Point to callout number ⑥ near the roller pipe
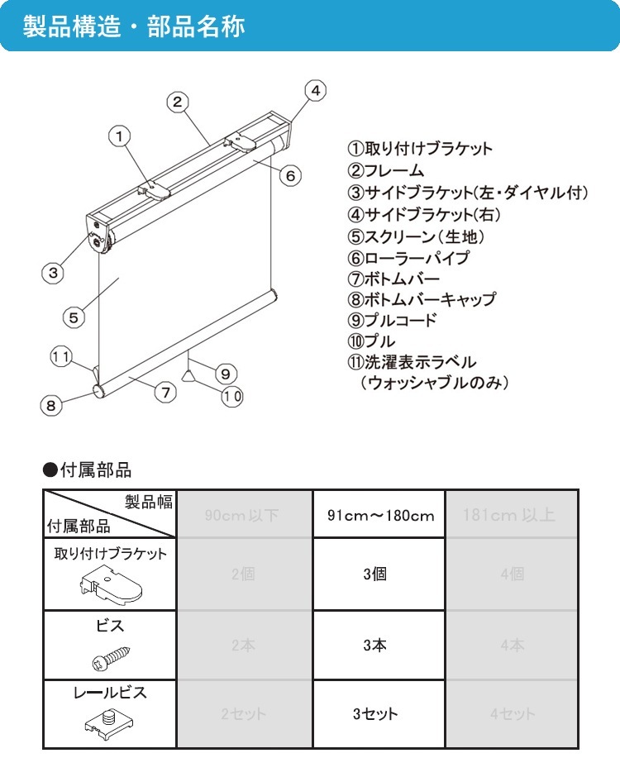(289, 175)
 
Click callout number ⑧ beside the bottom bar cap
(51, 405)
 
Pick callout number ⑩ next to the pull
(231, 395)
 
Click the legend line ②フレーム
(386, 171)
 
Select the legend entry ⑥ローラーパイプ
(408, 257)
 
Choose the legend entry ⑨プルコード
(392, 321)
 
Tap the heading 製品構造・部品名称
(134, 26)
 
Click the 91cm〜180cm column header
(379, 516)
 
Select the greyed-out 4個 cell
(512, 574)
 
